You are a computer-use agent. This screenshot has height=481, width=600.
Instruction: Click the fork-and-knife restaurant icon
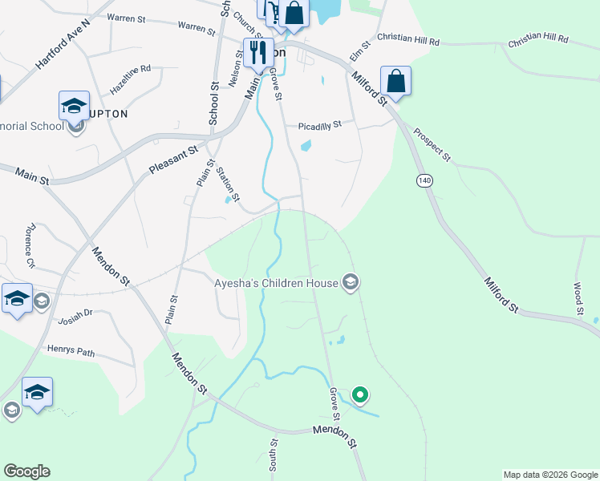[x=258, y=53]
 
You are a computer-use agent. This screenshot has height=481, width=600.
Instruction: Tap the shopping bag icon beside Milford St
[x=395, y=81]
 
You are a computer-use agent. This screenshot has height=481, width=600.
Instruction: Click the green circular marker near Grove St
[x=360, y=394]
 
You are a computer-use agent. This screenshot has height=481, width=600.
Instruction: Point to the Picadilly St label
[x=320, y=125]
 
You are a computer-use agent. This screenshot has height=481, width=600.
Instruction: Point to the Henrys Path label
[x=71, y=351]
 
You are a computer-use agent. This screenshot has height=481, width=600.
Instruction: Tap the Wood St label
[x=578, y=297]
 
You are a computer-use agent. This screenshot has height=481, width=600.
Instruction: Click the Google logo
[x=26, y=471]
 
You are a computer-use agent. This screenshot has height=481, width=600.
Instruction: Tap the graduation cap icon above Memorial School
[x=74, y=106]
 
